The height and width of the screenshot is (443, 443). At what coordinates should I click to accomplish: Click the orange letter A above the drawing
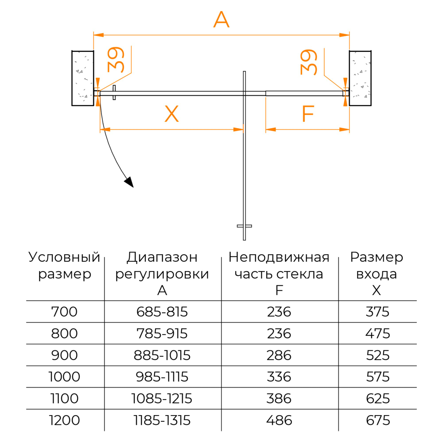[221, 20]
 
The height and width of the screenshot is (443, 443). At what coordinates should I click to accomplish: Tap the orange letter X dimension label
[171, 114]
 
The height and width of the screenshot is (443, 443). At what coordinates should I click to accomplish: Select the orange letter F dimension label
[307, 114]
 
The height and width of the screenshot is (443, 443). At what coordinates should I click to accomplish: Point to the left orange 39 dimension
[116, 59]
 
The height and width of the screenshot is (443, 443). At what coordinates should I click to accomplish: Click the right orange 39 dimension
[309, 62]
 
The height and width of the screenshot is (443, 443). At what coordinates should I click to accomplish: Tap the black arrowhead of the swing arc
[129, 182]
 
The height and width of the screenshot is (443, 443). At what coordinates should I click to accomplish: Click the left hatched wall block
[82, 78]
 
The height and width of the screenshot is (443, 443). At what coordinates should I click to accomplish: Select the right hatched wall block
[360, 78]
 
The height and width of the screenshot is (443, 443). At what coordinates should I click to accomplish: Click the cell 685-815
[162, 312]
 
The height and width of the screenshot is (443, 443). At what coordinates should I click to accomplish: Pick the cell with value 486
[279, 420]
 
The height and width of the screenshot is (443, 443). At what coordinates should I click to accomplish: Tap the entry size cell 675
[377, 420]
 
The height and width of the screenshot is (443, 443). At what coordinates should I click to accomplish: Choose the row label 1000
[64, 377]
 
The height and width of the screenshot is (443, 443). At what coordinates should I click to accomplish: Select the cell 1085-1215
[162, 399]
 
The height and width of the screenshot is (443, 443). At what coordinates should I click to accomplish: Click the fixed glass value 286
[279, 355]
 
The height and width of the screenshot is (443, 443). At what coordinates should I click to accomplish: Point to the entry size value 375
[377, 312]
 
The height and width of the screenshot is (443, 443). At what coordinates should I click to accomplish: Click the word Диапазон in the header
[162, 257]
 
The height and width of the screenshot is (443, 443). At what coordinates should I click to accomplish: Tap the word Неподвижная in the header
[279, 257]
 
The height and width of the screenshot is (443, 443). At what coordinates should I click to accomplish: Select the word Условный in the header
[64, 257]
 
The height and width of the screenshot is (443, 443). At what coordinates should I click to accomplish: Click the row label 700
[64, 312]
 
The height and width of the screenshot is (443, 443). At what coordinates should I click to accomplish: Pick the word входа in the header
[377, 274]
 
